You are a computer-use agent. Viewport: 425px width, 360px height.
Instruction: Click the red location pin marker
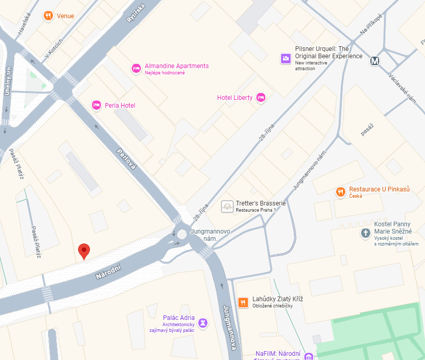84,251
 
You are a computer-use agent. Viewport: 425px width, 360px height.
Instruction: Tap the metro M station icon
375,61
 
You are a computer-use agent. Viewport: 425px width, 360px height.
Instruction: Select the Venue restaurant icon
48,16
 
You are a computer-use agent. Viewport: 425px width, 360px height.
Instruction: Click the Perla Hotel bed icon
96,105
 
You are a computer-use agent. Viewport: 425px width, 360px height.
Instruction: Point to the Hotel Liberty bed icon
261,97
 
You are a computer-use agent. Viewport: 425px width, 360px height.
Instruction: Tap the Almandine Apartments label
176,66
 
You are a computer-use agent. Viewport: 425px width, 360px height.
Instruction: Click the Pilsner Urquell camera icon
286,58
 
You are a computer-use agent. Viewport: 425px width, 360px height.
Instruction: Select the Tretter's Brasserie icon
227,207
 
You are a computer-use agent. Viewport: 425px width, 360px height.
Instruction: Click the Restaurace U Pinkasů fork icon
341,192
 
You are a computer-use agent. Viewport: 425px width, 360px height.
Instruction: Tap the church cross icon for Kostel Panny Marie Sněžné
366,234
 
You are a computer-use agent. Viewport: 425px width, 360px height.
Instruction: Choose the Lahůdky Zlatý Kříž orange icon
243,302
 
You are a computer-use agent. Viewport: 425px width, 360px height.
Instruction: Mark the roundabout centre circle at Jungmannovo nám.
182,235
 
